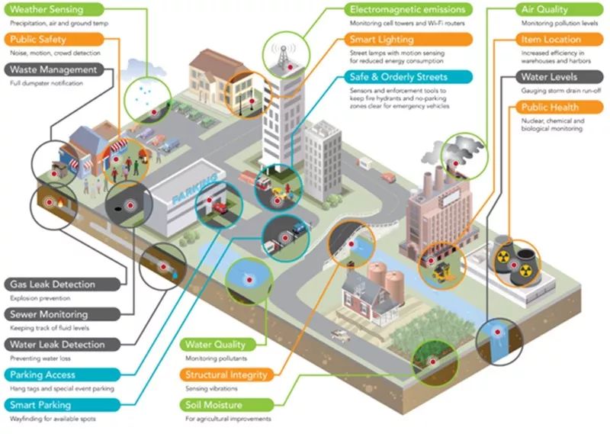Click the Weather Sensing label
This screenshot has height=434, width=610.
click(54, 9)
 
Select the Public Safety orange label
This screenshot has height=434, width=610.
click(54, 40)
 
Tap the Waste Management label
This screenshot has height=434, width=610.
click(54, 69)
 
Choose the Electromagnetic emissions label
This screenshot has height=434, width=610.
click(408, 9)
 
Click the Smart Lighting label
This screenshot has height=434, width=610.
click(408, 40)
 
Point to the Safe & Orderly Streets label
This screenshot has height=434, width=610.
click(408, 77)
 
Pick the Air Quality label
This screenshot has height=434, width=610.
click(560, 9)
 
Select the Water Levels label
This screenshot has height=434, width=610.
click(560, 77)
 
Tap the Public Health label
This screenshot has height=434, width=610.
click(560, 107)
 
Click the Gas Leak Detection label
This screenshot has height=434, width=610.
click(63, 285)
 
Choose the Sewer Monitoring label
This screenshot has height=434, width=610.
click(63, 314)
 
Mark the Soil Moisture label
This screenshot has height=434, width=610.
click(226, 405)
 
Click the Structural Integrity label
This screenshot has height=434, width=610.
click(226, 375)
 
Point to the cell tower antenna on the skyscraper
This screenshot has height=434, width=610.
click(284, 55)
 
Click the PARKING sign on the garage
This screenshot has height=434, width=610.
click(194, 189)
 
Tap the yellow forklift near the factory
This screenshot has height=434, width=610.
click(442, 272)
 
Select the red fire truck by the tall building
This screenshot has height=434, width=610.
click(263, 183)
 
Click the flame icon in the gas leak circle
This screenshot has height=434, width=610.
click(61, 203)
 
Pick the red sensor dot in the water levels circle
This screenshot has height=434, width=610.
click(497, 332)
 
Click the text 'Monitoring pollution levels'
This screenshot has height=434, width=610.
click(560, 24)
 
